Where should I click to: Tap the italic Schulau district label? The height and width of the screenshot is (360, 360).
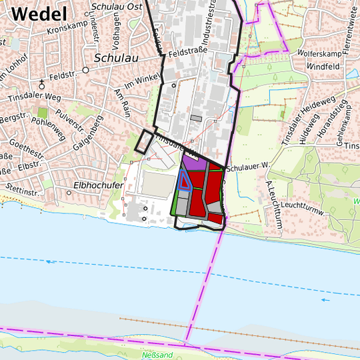tap(117, 58)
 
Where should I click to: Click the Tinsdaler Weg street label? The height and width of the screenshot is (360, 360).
tap(33, 97)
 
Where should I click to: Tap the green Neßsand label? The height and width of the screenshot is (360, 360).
tap(157, 355)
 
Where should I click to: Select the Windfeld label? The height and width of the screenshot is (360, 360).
tap(324, 67)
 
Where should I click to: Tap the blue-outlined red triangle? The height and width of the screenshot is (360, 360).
tap(185, 181)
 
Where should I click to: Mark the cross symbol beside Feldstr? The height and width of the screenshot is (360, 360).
tap(42, 83)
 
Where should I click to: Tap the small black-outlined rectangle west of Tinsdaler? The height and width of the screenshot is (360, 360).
tap(143, 141)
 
